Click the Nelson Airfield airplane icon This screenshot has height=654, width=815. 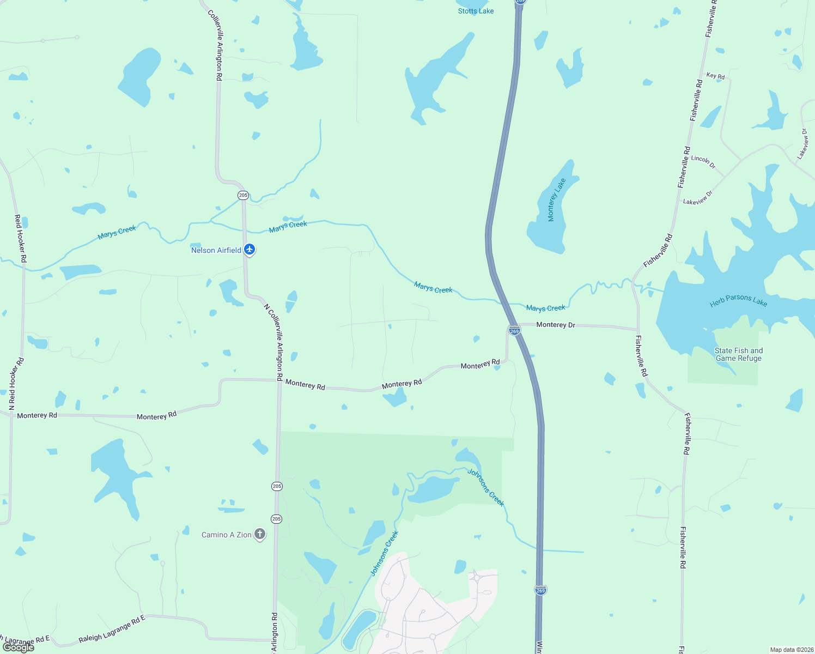pyautogui.click(x=250, y=250)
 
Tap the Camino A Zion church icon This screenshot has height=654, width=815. pyautogui.click(x=260, y=535)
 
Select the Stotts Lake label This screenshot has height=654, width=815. pyautogui.click(x=476, y=11)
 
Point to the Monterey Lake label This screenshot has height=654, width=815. pyautogui.click(x=556, y=200)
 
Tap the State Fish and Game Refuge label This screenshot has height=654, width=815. pyautogui.click(x=739, y=354)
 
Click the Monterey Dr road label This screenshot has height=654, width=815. pyautogui.click(x=556, y=325)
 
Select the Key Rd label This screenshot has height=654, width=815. pyautogui.click(x=715, y=76)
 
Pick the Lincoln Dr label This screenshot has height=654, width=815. pyautogui.click(x=703, y=161)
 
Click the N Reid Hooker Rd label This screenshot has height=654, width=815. pyautogui.click(x=16, y=384)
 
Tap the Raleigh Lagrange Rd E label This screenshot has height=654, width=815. pyautogui.click(x=112, y=629)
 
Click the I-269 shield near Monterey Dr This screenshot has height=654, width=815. pyautogui.click(x=514, y=330)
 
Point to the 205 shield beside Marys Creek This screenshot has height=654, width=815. pyautogui.click(x=243, y=195)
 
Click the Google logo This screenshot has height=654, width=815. pyautogui.click(x=19, y=647)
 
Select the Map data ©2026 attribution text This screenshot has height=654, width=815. pyautogui.click(x=790, y=650)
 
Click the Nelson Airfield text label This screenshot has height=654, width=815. pyautogui.click(x=216, y=250)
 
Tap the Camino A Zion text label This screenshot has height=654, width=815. pyautogui.click(x=227, y=535)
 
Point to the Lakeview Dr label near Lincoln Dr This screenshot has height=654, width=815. pyautogui.click(x=698, y=198)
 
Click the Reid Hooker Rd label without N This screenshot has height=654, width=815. pyautogui.click(x=20, y=238)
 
